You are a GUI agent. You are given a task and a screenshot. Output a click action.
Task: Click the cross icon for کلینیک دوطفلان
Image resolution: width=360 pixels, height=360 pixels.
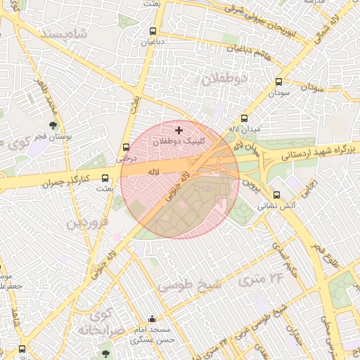179,130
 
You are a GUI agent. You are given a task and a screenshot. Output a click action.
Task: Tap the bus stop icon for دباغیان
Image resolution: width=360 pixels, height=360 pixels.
153,31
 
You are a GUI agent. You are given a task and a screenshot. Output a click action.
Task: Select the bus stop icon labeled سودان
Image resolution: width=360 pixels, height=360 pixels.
279,82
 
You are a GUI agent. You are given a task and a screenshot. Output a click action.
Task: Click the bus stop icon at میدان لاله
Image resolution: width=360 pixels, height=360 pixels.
245,119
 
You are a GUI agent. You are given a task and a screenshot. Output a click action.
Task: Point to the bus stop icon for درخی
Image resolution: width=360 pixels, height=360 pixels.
126,148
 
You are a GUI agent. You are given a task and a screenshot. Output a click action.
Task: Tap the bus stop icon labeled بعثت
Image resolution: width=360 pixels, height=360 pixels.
105,178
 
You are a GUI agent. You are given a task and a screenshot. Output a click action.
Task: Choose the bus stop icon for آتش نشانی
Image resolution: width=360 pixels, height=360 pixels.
276,195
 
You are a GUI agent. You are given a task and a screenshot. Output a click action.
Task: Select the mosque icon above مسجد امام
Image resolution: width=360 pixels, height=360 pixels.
153,319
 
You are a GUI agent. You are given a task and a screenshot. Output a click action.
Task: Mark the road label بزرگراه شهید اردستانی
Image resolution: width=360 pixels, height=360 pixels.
314,153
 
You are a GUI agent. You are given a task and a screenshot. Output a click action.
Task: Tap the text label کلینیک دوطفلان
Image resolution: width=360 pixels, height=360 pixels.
179,141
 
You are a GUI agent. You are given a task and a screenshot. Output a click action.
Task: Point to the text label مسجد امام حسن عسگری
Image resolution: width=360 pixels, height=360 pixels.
153,334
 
